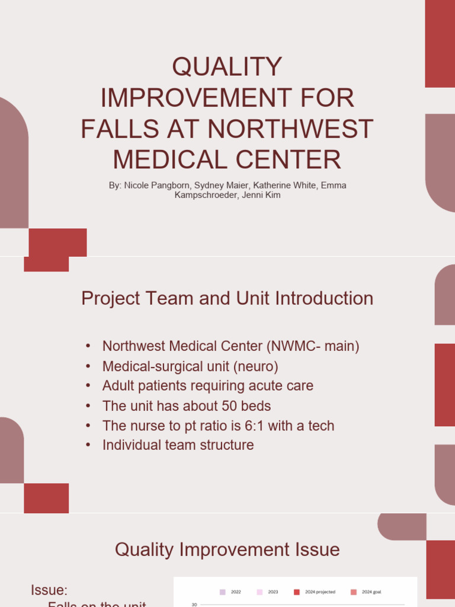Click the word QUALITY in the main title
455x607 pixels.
tap(227, 66)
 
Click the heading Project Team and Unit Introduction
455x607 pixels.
tap(227, 298)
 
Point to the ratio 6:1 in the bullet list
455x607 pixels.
tap(257, 426)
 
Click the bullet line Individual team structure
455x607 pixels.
tap(178, 445)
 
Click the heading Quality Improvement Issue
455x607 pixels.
tap(227, 550)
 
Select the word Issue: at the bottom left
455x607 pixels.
tap(49, 590)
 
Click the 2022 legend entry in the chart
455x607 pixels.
tap(230, 592)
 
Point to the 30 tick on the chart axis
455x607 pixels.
tap(194, 605)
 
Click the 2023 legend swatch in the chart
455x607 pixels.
tap(259, 592)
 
